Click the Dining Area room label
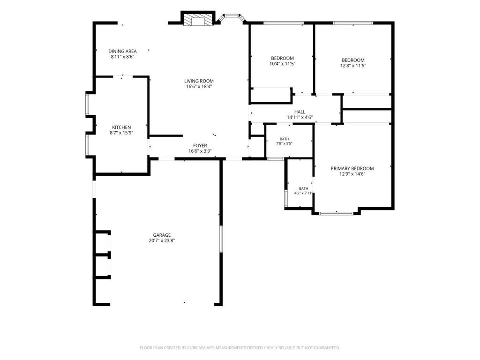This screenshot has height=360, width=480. click(x=122, y=51)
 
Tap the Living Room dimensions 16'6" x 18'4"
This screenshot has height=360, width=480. click(x=199, y=86)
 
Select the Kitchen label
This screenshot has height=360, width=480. click(x=121, y=127)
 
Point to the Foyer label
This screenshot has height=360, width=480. click(x=200, y=145)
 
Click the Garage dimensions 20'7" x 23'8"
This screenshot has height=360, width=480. click(x=162, y=240)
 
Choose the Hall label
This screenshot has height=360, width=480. click(x=300, y=112)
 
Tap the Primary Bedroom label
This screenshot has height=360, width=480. click(x=352, y=168)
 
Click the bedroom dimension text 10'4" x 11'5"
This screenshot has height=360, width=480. click(x=282, y=64)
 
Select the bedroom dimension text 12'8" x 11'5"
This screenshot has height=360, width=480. click(x=353, y=66)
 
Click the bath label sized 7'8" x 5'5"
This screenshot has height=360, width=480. click(x=284, y=139)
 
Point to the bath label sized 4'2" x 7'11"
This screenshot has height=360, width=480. click(x=303, y=188)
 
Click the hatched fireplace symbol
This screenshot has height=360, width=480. click(x=197, y=19)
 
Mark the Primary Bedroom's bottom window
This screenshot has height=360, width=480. click(x=336, y=213)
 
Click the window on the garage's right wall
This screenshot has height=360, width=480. click(x=221, y=239)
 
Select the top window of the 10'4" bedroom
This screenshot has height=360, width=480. click(x=284, y=23)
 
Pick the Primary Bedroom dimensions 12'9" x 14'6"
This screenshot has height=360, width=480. click(x=352, y=174)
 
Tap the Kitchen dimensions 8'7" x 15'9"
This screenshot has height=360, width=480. click(x=121, y=133)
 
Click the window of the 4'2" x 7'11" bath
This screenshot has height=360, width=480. click(x=286, y=198)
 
